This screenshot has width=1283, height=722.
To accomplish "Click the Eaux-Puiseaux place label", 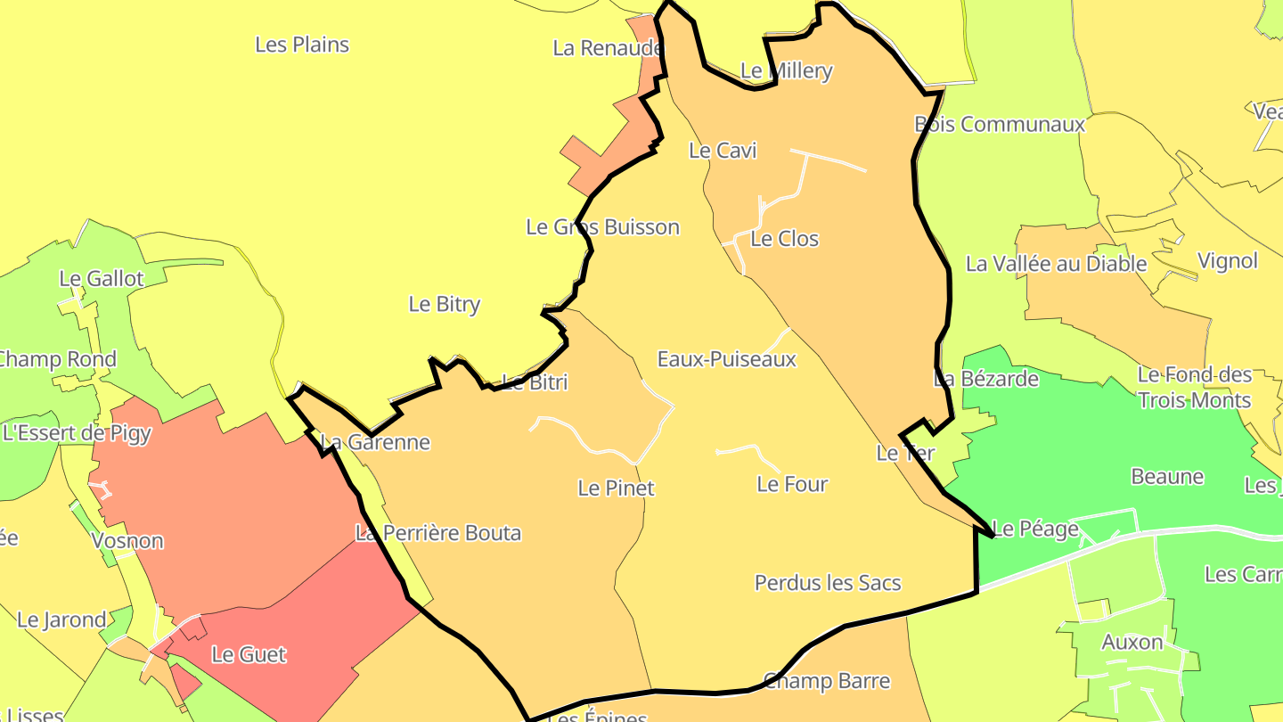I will pyautogui.click(x=726, y=359).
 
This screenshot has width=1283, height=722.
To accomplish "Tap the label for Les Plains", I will pyautogui.click(x=302, y=45).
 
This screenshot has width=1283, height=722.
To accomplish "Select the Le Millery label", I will pyautogui.click(x=786, y=71).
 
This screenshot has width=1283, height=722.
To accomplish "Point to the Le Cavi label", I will pyautogui.click(x=723, y=151).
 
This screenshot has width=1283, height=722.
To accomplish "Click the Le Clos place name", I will pyautogui.click(x=784, y=239).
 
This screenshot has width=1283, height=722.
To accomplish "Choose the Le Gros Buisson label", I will pyautogui.click(x=602, y=227).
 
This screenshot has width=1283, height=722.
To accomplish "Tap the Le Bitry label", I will pyautogui.click(x=444, y=304).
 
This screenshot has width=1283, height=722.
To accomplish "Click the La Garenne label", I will pyautogui.click(x=375, y=442).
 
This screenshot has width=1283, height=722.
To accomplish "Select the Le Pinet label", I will pyautogui.click(x=616, y=488).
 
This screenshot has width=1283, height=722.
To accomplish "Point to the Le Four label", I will pyautogui.click(x=792, y=484).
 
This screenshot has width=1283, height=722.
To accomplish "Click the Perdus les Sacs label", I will pyautogui.click(x=828, y=583).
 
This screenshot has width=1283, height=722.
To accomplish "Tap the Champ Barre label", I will pyautogui.click(x=827, y=682).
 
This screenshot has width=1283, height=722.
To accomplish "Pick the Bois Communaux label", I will pyautogui.click(x=1000, y=125).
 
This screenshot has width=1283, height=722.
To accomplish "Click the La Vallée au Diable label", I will pyautogui.click(x=1056, y=264).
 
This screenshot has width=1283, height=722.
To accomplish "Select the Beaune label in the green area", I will pyautogui.click(x=1167, y=477).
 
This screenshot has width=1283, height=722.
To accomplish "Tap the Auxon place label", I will pyautogui.click(x=1132, y=642).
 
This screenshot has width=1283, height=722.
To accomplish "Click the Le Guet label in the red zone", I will pyautogui.click(x=249, y=655).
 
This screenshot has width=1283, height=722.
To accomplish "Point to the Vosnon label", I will pyautogui.click(x=127, y=541).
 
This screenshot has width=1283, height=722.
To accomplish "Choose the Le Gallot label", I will pyautogui.click(x=101, y=279).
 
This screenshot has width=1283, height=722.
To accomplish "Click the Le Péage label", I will pyautogui.click(x=1035, y=529).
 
